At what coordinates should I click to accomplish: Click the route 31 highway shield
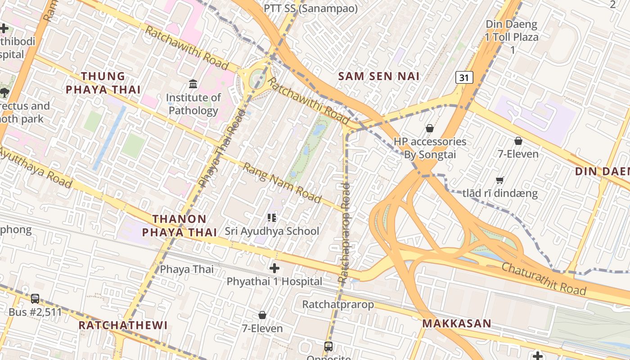point(464,78)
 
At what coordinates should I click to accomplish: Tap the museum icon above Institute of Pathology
point(193,84)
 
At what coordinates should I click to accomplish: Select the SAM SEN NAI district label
point(379,76)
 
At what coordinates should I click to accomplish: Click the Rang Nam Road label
point(282,183)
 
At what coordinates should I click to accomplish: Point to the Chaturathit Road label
point(544,279)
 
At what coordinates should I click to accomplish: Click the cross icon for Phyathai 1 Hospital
point(274,269)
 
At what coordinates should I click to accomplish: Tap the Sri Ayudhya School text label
point(272,231)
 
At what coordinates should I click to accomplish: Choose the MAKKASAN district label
point(456,324)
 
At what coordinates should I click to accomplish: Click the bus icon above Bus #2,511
point(35,299)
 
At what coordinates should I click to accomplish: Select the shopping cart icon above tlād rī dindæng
point(499,180)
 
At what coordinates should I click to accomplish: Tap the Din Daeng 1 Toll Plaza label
point(512,37)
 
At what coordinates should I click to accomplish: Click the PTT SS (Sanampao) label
point(310,9)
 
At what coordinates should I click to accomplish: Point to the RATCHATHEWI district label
point(123,325)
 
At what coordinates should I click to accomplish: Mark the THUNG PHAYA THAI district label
point(103,83)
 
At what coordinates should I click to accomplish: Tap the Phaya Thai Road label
point(222,148)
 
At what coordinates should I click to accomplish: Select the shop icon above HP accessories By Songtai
point(430,128)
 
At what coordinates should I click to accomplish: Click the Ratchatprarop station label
point(337,305)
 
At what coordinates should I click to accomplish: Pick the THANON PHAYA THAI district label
point(180,225)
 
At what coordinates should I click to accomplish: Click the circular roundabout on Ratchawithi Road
point(258,78)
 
